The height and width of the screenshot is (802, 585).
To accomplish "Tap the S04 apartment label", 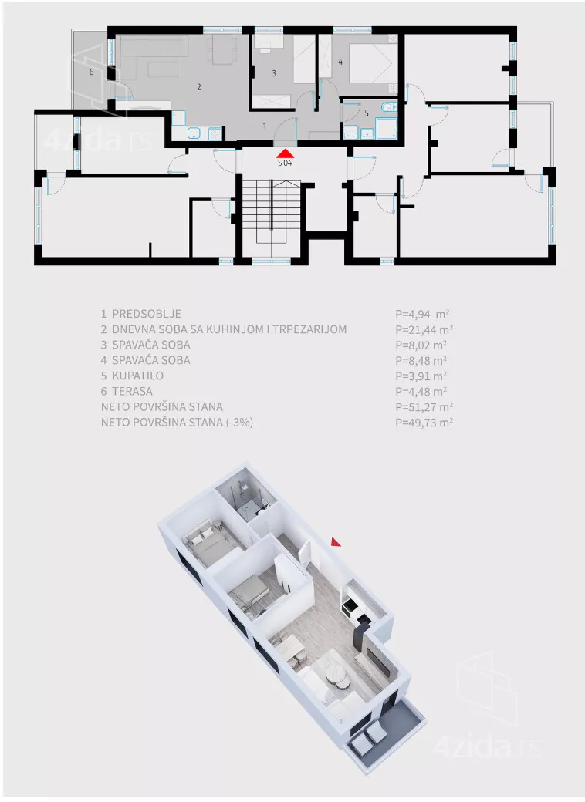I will (x=285, y=163).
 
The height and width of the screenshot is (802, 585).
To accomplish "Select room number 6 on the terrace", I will (x=92, y=72).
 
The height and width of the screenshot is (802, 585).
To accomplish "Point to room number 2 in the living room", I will (x=199, y=87).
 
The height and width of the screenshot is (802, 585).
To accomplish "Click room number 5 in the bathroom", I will (x=367, y=113).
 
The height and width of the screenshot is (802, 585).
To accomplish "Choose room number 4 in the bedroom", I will (x=340, y=62).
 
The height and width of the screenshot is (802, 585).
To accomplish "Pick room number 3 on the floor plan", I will (x=273, y=73).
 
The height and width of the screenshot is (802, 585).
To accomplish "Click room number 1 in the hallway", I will (x=264, y=124).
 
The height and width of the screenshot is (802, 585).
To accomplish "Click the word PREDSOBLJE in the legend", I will (x=146, y=314).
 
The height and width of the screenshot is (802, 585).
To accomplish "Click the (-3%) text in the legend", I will (x=235, y=422).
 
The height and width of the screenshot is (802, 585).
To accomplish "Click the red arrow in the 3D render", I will (x=335, y=542).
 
